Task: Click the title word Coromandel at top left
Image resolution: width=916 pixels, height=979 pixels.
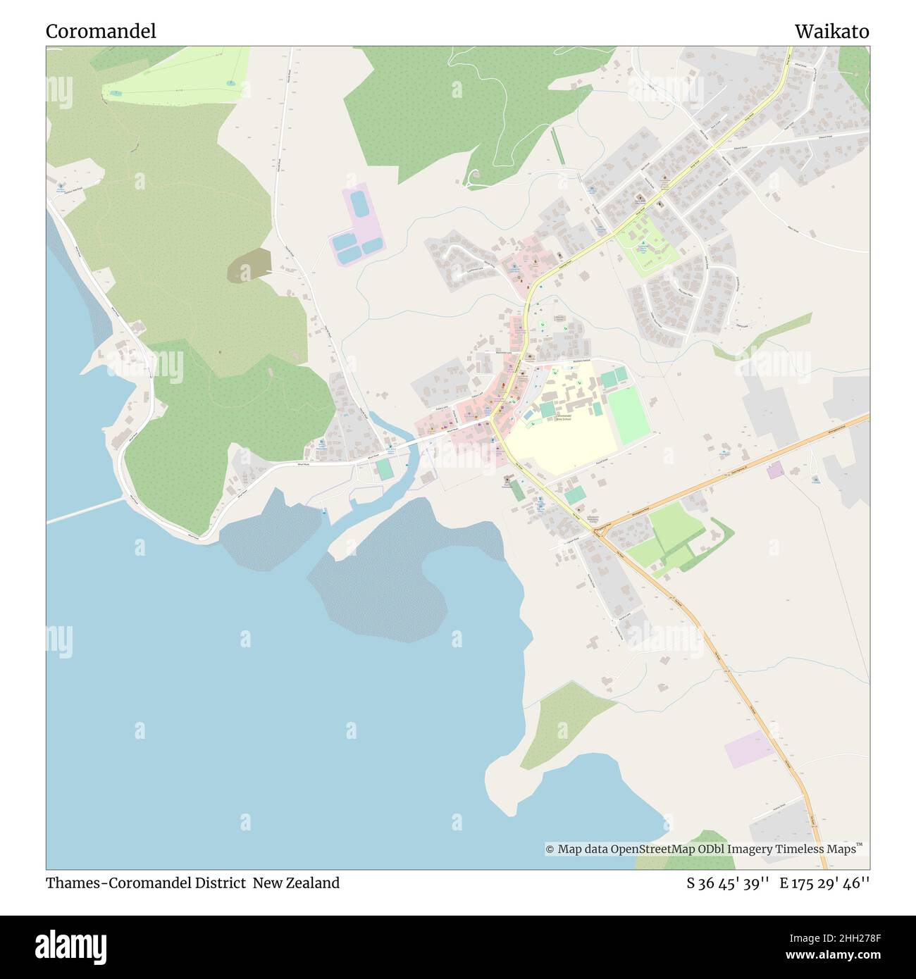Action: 101,32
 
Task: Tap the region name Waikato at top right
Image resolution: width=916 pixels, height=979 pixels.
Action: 831,32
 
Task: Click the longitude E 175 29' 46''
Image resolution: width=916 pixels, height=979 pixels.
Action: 824,883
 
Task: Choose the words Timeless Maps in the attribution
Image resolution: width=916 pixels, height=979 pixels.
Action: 819,849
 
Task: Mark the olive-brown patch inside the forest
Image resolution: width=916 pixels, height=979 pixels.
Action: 249,264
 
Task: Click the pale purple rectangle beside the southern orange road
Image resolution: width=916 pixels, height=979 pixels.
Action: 749,748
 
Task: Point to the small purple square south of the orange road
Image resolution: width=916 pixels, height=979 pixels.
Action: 774,471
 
